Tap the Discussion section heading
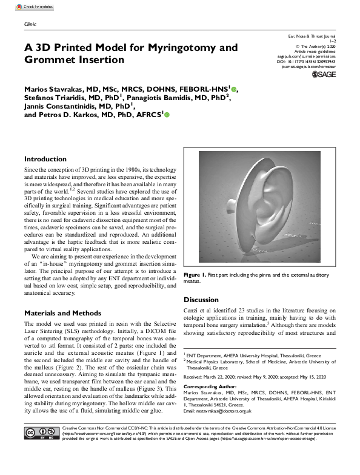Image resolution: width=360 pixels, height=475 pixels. (x=202, y=300)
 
